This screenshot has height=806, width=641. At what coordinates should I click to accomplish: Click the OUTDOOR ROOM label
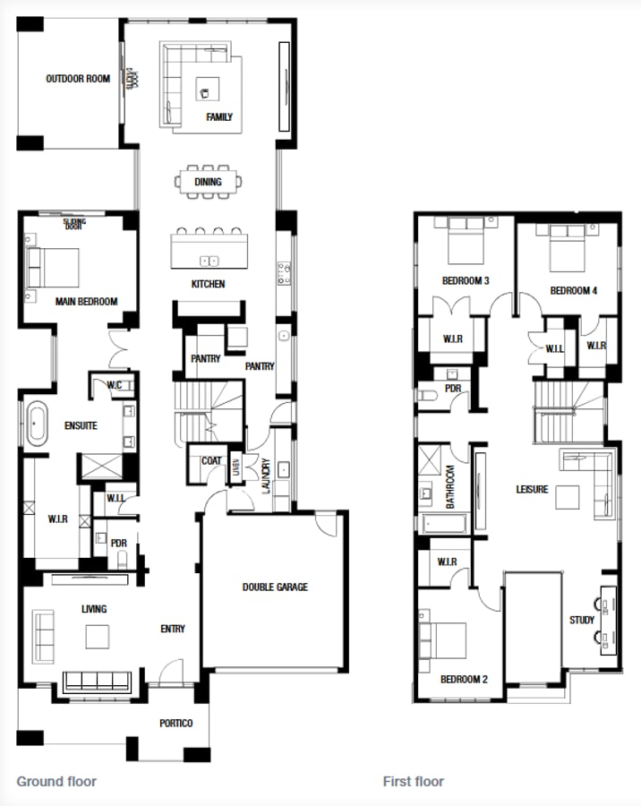(x=78, y=79)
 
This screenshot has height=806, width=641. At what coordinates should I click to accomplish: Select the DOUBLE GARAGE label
(x=275, y=587)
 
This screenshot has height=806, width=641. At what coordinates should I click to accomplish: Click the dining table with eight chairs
(x=208, y=182)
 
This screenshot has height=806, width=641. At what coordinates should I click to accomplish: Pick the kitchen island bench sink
(x=209, y=261)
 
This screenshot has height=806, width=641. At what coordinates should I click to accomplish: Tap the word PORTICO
(x=175, y=724)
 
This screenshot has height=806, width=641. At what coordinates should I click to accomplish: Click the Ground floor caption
(x=56, y=781)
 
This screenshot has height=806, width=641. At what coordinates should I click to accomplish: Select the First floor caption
(x=414, y=781)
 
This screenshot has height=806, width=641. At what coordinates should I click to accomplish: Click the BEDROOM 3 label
(x=466, y=281)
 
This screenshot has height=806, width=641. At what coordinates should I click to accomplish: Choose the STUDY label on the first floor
(x=582, y=620)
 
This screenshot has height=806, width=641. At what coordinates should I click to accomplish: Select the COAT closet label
(x=211, y=461)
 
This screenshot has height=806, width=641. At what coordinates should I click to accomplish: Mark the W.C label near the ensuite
(x=115, y=386)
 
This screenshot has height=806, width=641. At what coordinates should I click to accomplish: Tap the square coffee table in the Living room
(x=98, y=636)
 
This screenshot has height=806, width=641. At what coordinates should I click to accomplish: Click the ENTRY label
(x=173, y=629)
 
